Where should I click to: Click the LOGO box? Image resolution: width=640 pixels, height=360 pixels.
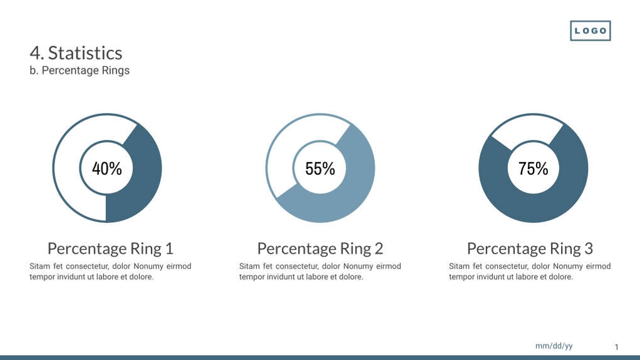click(590, 31)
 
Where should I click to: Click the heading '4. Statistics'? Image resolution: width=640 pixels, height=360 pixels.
click(76, 53)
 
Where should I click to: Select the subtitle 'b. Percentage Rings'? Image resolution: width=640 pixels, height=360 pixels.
click(80, 70)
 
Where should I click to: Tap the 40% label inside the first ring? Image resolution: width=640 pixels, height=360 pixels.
click(106, 168)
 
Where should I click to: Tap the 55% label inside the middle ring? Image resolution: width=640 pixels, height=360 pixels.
click(320, 168)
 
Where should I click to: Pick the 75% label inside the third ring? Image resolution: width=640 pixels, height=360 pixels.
click(533, 168)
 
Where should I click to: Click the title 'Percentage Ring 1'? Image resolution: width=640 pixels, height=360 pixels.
click(110, 249)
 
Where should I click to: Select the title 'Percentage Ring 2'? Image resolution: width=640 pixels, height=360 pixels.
click(320, 249)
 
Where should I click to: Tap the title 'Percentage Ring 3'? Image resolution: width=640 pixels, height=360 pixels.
click(530, 249)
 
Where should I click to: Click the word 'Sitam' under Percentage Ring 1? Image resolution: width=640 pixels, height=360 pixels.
click(40, 266)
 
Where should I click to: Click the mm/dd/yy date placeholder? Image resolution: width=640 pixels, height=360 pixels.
click(554, 346)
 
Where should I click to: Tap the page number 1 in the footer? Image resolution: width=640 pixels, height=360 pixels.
click(616, 347)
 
